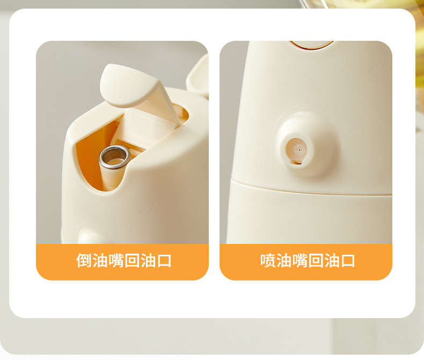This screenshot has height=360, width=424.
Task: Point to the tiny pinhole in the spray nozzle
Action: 299,149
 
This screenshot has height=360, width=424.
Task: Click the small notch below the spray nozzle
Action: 296,162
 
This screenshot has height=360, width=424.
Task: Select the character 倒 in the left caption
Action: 84,261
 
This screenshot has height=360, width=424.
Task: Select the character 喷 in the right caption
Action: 268,261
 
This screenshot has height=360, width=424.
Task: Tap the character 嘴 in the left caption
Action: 116,261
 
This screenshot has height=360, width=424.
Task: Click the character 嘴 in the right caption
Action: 299,261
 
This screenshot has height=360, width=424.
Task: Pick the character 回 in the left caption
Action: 132,261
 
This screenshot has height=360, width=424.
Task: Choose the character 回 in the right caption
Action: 316,261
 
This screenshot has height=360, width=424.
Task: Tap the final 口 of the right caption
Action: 348,261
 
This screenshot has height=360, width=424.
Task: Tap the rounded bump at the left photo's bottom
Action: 89,236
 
